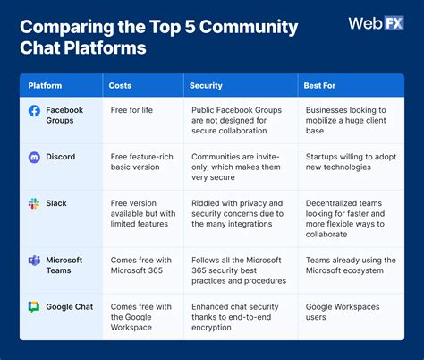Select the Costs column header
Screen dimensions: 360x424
[x=121, y=86]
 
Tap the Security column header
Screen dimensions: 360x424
[x=205, y=86]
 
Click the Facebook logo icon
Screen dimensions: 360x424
[x=34, y=111]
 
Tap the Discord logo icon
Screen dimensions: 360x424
[x=34, y=158]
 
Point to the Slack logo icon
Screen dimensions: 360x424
[x=34, y=203]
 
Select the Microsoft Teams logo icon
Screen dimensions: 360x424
[x=34, y=261]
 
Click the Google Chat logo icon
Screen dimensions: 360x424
[x=34, y=307]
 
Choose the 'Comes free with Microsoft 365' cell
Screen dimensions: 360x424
[x=140, y=266]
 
